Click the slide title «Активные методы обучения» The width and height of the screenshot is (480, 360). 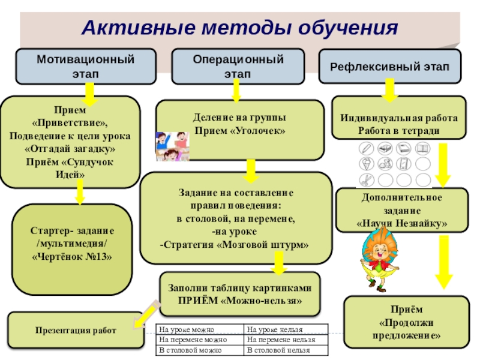(x=240, y=28)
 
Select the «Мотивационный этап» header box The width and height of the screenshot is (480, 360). (x=85, y=66)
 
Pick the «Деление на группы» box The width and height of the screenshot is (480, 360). (x=240, y=124)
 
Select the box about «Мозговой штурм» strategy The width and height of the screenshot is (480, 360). (x=236, y=219)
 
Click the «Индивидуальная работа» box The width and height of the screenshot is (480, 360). (x=399, y=124)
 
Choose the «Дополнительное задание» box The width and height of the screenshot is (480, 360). (x=401, y=211)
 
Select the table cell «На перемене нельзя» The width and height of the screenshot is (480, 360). (x=287, y=340)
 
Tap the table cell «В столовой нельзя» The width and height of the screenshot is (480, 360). (x=287, y=349)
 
